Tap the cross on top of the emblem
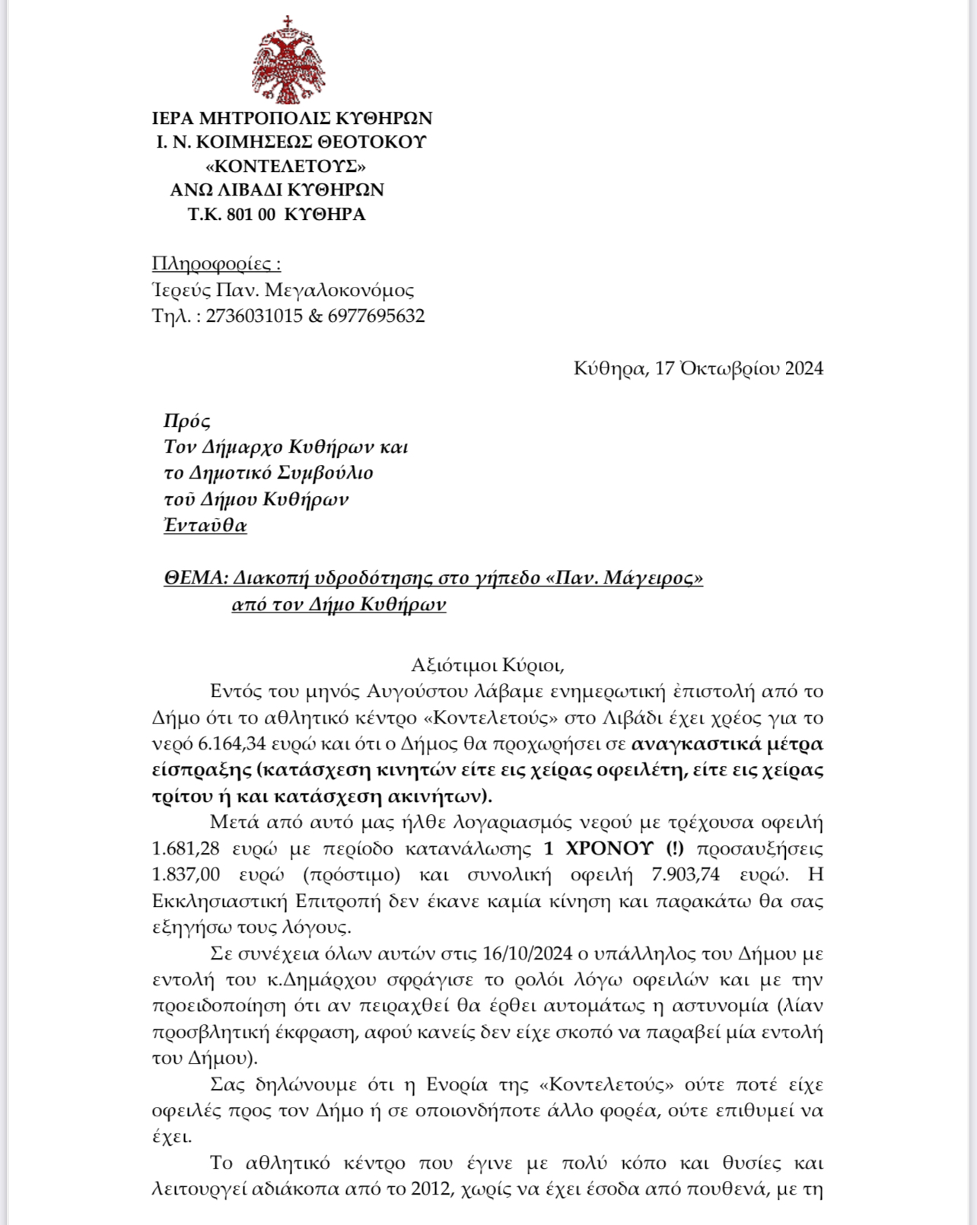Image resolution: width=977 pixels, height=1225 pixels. tap(288, 21)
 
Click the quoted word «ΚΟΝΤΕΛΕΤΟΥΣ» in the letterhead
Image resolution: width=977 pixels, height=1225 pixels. tap(285, 166)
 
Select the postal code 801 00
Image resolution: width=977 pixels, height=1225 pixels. tap(250, 215)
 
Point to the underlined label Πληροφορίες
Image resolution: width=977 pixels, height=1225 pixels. tap(216, 264)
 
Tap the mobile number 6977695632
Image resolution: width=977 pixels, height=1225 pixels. tap(376, 316)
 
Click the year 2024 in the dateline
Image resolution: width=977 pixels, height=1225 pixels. tap(804, 368)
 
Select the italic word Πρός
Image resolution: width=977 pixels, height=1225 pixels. tap(187, 421)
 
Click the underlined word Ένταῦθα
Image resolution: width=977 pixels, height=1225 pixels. tap(205, 525)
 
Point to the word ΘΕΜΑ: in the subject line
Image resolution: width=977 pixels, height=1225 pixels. tap(196, 578)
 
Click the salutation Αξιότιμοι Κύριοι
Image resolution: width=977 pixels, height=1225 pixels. tap(487, 665)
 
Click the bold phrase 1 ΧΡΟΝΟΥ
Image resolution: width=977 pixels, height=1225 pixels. tap(599, 848)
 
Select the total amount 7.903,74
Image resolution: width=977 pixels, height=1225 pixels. tap(685, 875)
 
